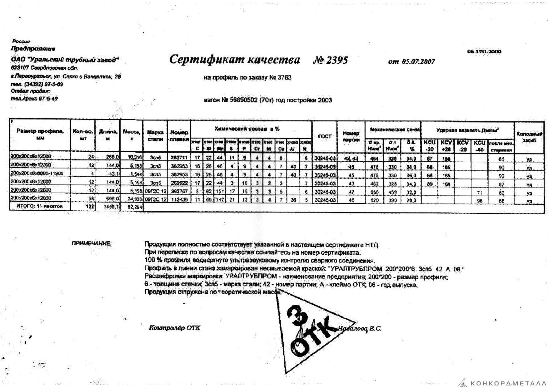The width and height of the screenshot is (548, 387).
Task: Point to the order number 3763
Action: (x=284, y=77)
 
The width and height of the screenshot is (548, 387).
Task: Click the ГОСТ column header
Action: (x=324, y=136)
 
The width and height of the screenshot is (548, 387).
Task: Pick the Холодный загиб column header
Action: (x=530, y=137)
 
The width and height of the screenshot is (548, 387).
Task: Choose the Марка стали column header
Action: (x=155, y=135)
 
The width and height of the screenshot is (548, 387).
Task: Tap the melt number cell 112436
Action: (x=179, y=199)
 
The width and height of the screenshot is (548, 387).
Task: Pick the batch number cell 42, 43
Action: (x=351, y=158)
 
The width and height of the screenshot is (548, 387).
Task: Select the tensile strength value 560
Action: (x=374, y=192)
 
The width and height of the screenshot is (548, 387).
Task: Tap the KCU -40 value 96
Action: (x=480, y=201)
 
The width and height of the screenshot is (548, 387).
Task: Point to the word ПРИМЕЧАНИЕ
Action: (x=92, y=243)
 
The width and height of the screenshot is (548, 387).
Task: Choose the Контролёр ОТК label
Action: (x=175, y=328)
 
